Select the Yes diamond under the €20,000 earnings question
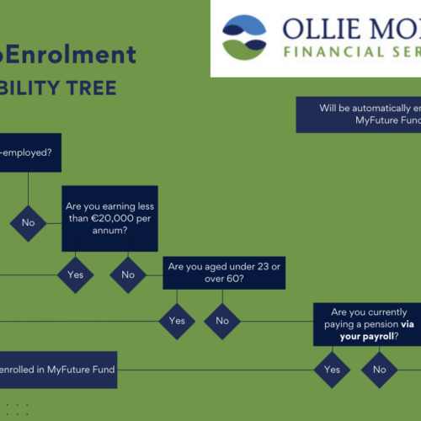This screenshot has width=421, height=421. tap(75, 274)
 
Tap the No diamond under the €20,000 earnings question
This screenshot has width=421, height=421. tap(128, 274)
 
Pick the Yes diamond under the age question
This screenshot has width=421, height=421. tap(177, 321)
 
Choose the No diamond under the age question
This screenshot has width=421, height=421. tap(222, 321)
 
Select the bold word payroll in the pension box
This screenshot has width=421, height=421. tap(360, 336)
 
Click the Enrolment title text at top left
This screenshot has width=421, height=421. tap(80, 55)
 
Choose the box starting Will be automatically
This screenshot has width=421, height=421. tap(359, 115)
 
